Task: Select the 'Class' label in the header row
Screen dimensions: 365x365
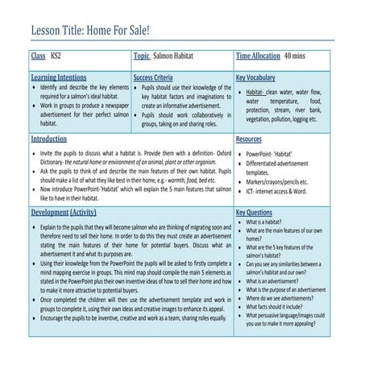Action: (38, 57)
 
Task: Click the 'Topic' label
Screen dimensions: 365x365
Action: (142, 57)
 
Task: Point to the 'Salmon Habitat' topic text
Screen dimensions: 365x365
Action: (179, 57)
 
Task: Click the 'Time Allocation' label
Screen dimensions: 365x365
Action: (257, 57)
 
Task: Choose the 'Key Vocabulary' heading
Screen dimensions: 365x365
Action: (256, 78)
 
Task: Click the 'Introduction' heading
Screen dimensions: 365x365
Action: (49, 139)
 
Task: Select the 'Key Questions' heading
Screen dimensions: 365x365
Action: (255, 213)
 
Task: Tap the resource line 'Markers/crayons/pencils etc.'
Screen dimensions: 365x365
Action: (282, 182)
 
